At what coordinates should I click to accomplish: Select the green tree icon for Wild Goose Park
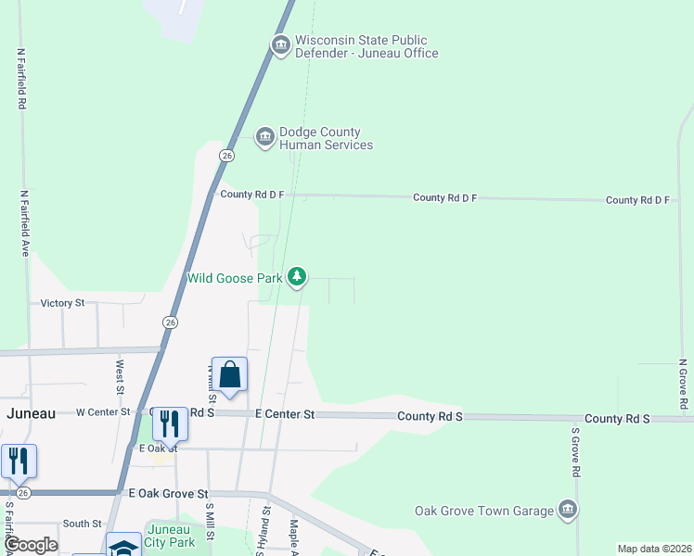(297, 275)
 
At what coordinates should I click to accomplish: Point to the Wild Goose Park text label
(235, 278)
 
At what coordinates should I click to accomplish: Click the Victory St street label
(62, 303)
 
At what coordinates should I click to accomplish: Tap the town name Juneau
(32, 413)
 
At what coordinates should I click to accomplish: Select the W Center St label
(103, 411)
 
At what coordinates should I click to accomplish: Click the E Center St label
(285, 414)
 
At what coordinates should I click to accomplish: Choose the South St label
(82, 524)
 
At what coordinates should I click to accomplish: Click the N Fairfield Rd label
(20, 80)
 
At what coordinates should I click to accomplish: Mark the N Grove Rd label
(682, 384)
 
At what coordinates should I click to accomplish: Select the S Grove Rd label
(575, 451)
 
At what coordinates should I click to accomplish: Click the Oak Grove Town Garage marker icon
(568, 509)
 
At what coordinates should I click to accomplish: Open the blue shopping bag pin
(229, 375)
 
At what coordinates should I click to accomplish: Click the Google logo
(31, 545)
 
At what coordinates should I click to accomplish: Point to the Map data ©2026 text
(653, 549)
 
